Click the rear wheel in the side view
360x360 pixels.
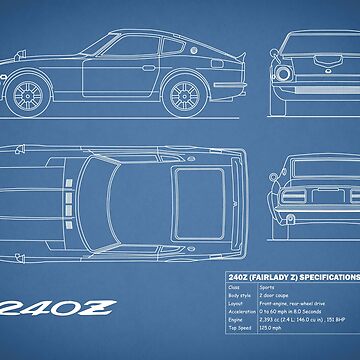pos(183,93)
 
